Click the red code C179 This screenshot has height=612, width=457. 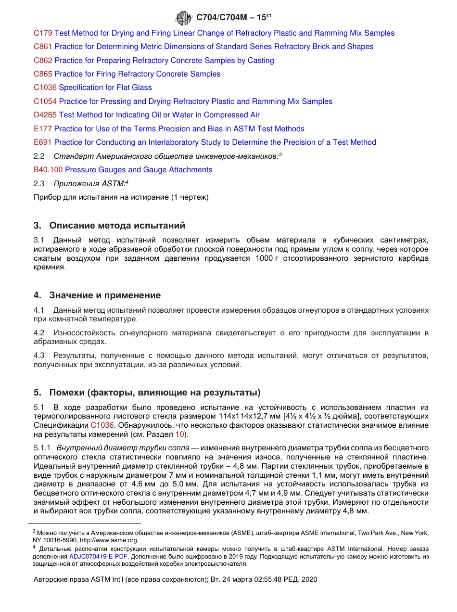[43, 33]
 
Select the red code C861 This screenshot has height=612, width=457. [43, 47]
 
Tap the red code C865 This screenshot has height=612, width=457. [43, 74]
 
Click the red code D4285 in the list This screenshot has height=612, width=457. [45, 115]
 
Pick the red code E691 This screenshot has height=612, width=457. [43, 142]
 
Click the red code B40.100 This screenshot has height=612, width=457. [48, 170]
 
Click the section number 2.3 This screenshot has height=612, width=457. [39, 183]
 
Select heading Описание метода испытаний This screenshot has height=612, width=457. [117, 226]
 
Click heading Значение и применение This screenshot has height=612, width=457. [105, 295]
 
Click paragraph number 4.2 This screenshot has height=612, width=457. [39, 333]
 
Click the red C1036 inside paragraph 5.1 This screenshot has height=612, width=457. [102, 425]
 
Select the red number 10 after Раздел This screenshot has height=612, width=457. [179, 434]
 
